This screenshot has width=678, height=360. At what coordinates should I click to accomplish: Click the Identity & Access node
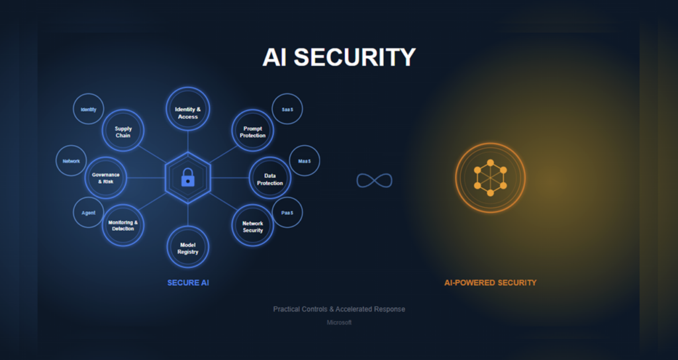(187, 109)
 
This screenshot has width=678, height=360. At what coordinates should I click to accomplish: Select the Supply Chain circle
(122, 130)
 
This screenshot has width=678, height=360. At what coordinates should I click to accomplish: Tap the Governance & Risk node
(105, 177)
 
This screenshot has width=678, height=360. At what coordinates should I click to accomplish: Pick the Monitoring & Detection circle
(122, 225)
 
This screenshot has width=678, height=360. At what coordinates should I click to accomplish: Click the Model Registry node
(187, 247)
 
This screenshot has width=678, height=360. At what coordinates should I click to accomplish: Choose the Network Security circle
(252, 225)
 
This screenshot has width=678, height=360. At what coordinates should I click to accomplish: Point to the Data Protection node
(270, 177)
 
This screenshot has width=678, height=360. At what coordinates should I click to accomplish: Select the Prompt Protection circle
(252, 130)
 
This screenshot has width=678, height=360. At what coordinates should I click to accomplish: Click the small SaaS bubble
(287, 109)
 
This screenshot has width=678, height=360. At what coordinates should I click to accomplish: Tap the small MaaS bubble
(305, 161)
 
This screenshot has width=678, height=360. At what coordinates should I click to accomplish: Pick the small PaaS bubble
(287, 212)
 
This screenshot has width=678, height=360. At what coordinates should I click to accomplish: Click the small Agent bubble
(88, 212)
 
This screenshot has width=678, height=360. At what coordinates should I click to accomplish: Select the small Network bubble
(71, 161)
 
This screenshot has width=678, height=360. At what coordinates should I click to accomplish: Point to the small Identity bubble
(88, 109)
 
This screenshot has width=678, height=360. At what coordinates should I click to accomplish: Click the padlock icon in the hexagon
(187, 177)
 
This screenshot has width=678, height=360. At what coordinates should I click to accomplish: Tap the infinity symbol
(375, 180)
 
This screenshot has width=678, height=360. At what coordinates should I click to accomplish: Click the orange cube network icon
(491, 177)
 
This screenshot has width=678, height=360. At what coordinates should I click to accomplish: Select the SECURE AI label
(188, 283)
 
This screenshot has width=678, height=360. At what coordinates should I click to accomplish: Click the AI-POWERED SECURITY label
(491, 283)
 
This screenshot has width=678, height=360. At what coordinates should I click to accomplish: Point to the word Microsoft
(339, 322)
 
